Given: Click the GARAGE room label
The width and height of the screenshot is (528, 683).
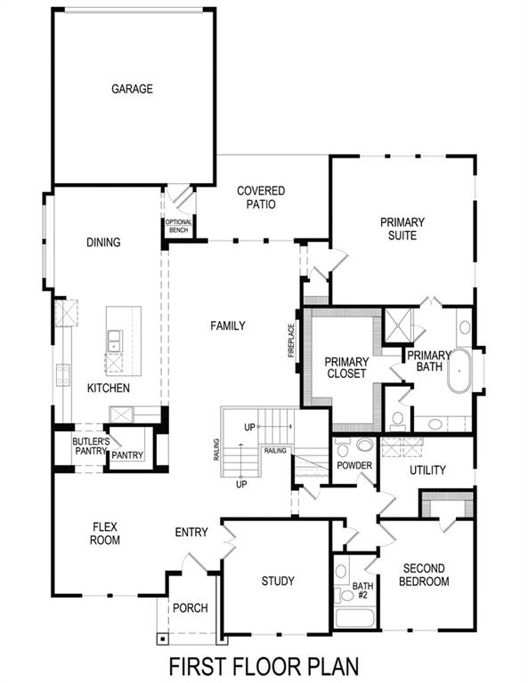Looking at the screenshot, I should pos(132,89).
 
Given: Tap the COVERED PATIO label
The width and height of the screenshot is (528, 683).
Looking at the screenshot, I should pos(261,197).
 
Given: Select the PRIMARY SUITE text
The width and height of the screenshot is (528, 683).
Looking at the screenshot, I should pos(402,229).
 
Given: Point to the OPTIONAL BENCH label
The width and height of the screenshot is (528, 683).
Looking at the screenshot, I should pos(178,227).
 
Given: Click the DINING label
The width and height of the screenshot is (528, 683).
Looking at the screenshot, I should pos(103,243).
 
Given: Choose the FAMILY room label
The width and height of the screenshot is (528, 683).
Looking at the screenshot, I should pos(228,326).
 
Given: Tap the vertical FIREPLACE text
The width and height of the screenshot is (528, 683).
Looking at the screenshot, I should pos(290,339).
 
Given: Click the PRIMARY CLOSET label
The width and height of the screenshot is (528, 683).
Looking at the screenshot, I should pos(346,368).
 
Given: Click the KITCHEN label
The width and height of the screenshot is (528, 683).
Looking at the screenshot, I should pos(109,389).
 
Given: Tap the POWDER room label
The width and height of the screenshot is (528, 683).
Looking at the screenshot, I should pos(353,466).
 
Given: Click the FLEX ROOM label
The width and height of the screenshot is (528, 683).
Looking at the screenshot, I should pos(105,533).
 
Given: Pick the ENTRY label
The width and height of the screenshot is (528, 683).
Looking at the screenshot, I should pos(191,533).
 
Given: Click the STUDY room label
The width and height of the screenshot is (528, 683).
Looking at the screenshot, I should pos(277,582).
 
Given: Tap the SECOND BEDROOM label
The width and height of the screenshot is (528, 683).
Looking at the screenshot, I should pos(425,575).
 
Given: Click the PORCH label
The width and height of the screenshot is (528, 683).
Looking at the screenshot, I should pos(190,608).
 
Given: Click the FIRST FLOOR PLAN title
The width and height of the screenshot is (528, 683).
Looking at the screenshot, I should pos(264,665).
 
